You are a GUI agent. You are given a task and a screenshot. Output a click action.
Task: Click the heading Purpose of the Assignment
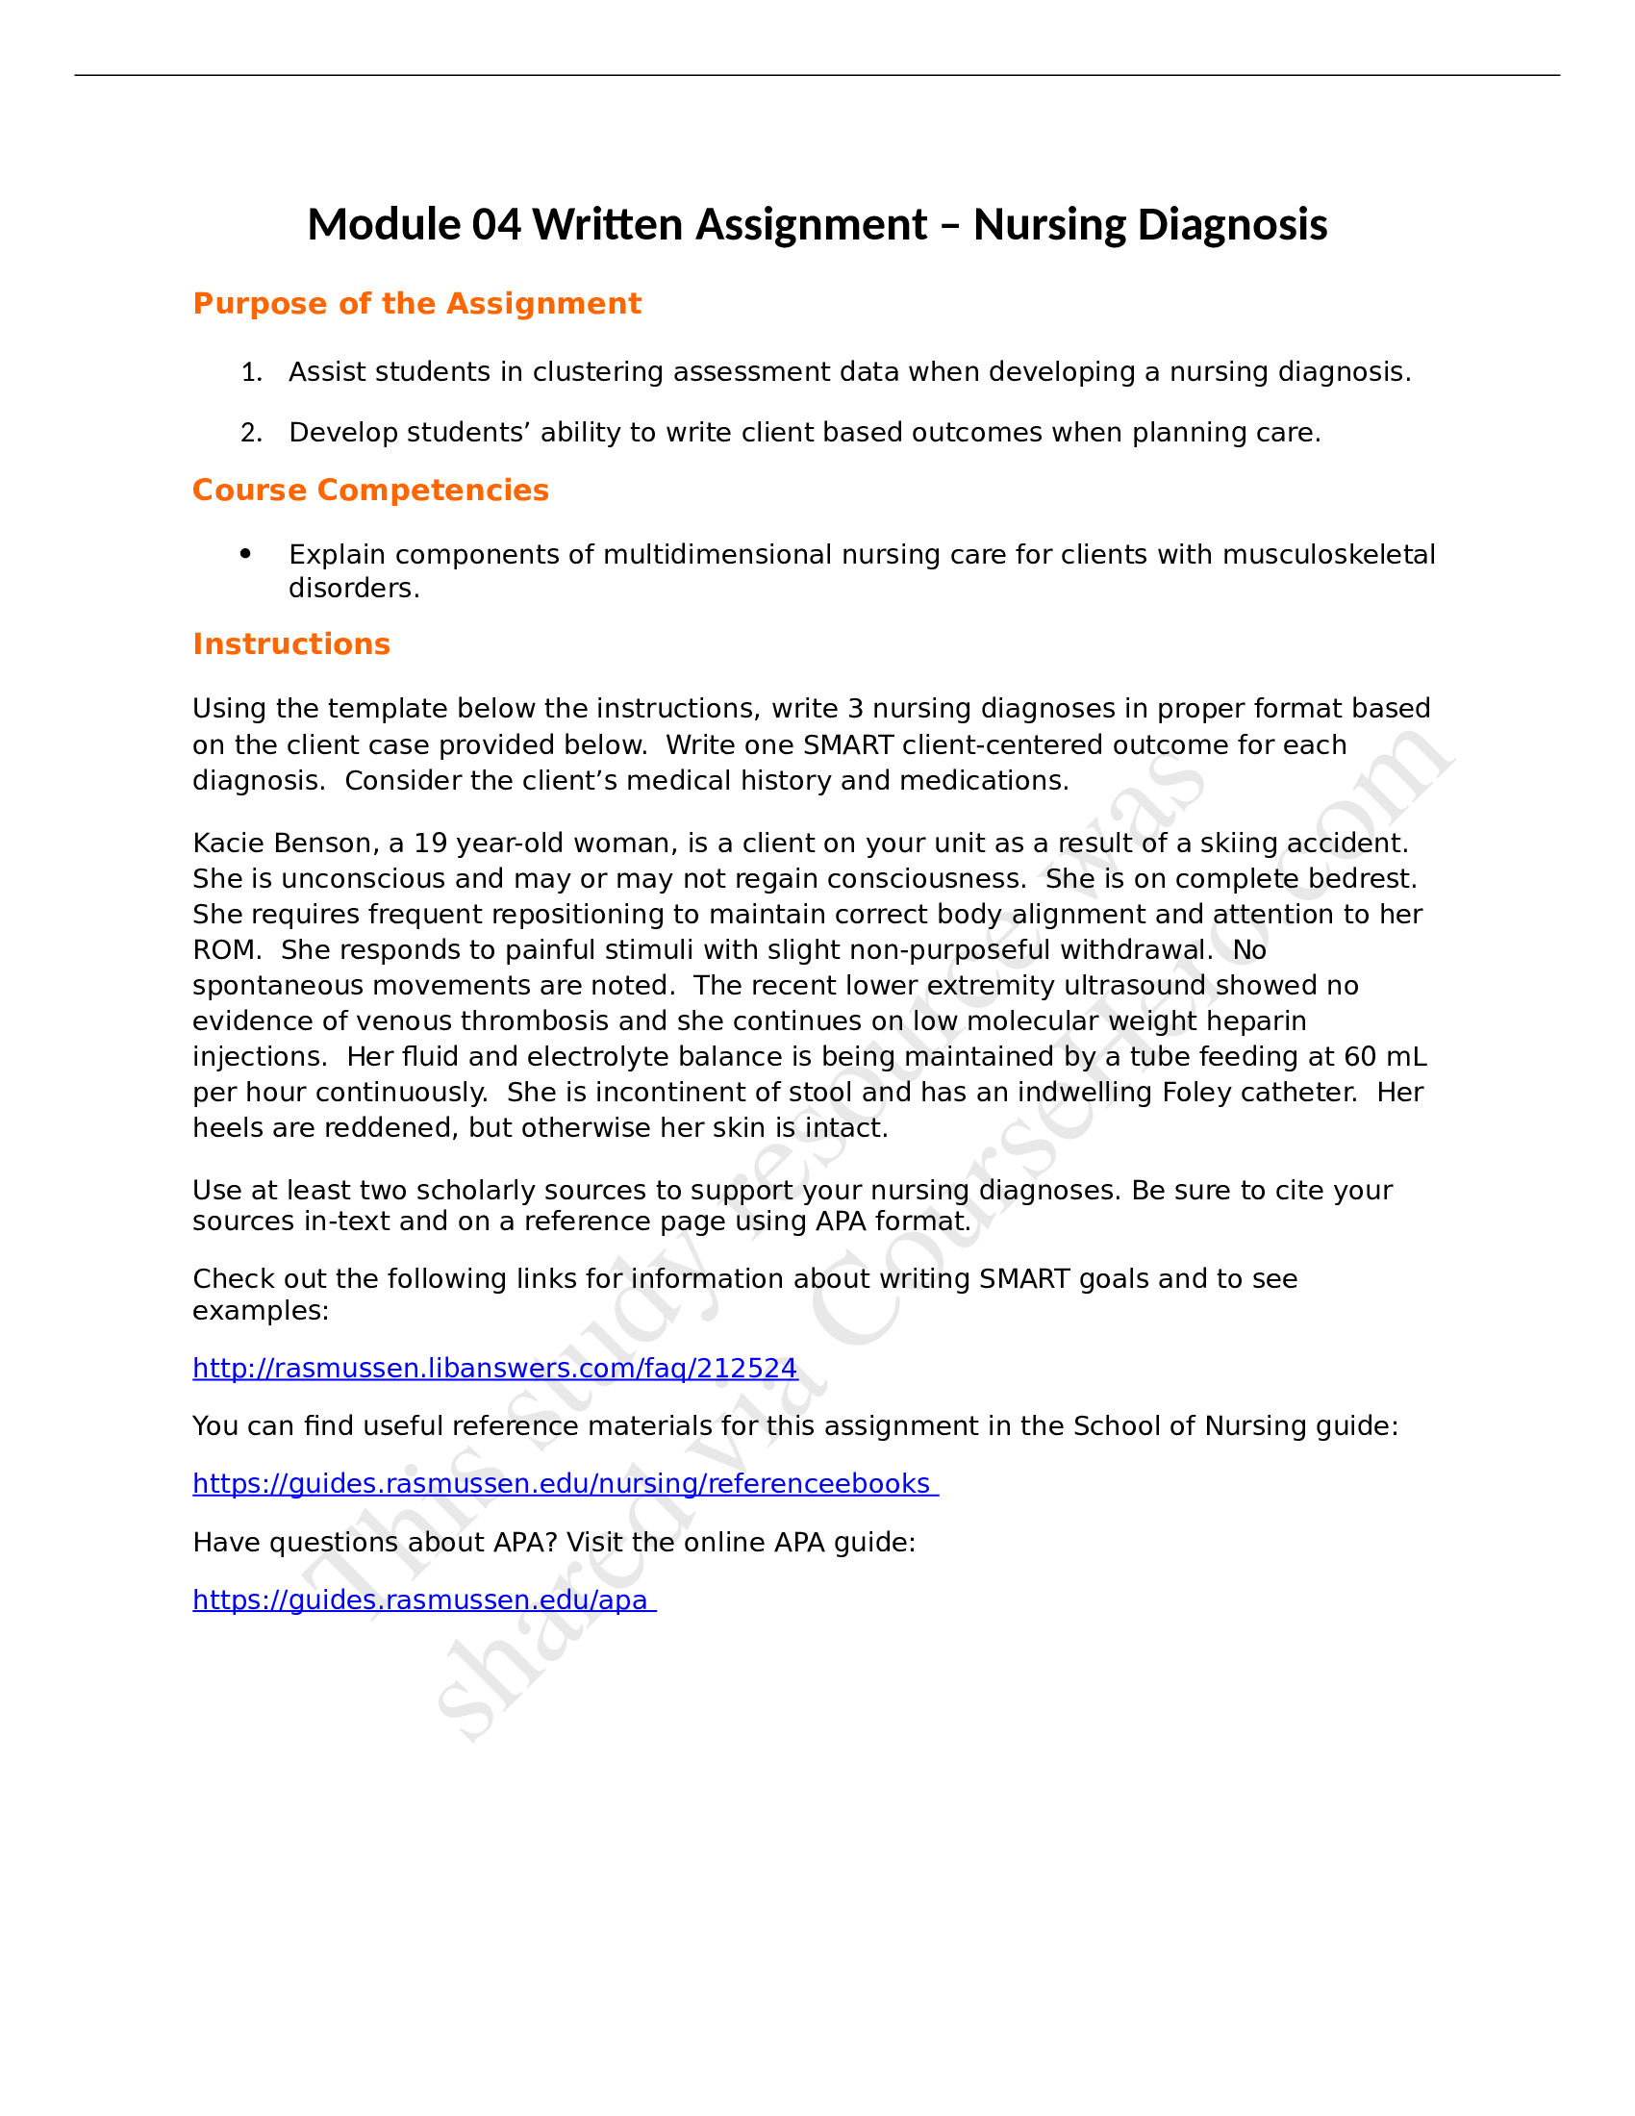(416, 304)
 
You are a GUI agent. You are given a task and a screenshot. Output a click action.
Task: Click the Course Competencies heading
(370, 491)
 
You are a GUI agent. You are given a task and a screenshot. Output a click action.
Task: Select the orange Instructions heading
(290, 644)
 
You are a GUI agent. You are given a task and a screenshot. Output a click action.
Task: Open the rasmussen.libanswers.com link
(494, 1368)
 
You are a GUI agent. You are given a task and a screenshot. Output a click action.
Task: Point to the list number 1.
(251, 372)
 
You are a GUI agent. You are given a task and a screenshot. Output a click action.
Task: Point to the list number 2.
(251, 433)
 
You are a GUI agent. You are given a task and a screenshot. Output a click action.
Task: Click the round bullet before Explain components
(245, 554)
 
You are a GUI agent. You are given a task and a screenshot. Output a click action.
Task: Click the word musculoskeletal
(1329, 554)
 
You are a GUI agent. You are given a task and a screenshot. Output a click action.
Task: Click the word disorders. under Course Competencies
(354, 588)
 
